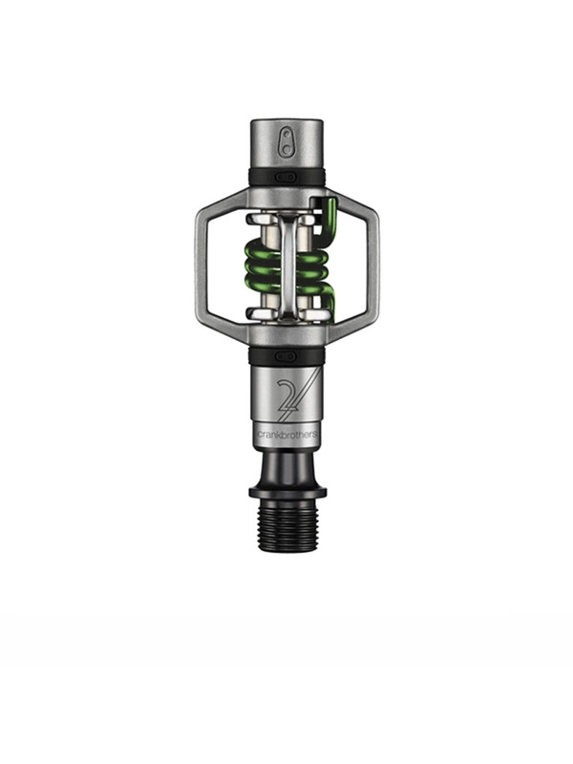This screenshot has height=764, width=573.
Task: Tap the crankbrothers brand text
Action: [x=288, y=435]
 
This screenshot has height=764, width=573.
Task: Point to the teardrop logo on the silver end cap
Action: [x=287, y=142]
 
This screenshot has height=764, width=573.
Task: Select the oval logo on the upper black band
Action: [x=286, y=177]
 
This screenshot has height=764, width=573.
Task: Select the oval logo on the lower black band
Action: [x=286, y=356]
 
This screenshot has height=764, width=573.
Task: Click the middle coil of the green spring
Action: [x=286, y=266]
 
